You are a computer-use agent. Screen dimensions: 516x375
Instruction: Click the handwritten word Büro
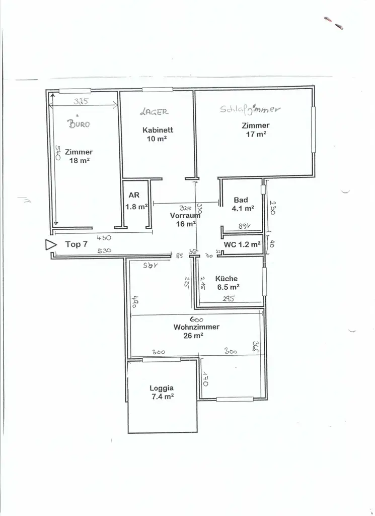(79, 123)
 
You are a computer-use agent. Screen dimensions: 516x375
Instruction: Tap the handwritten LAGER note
(155, 111)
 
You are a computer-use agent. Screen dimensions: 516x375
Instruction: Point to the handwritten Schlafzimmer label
(250, 109)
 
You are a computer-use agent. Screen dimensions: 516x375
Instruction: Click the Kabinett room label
(158, 130)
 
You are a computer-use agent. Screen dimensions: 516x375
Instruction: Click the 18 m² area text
(79, 161)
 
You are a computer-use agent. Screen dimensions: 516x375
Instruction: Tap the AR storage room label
(134, 195)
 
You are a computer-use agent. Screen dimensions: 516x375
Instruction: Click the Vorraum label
(181, 216)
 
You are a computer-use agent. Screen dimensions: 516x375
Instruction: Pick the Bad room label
(241, 200)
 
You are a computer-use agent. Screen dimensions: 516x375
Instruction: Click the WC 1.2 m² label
(243, 245)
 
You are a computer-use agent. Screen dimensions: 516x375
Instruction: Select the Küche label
(226, 278)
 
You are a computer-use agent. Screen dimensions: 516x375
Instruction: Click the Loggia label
(162, 388)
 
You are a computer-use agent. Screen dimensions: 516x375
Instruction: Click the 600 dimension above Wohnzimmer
(196, 319)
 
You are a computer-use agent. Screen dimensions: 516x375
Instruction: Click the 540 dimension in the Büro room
(57, 153)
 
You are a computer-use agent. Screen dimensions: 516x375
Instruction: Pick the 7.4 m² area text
(162, 397)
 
